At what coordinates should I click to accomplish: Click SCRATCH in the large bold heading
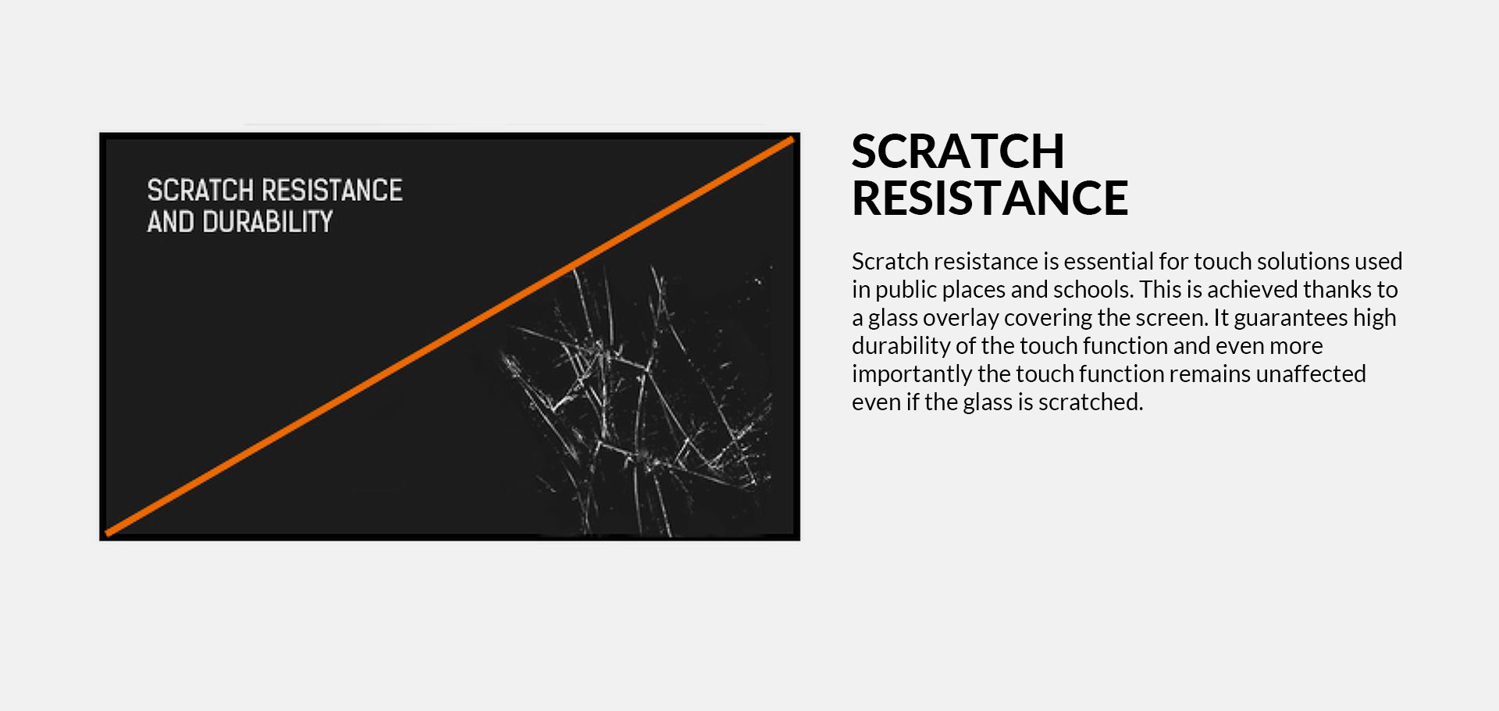(958, 152)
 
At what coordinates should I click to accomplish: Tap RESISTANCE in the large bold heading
(990, 198)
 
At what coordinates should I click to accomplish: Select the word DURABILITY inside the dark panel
(267, 222)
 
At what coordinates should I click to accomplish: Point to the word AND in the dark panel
(170, 222)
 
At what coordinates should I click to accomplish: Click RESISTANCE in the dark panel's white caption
(332, 190)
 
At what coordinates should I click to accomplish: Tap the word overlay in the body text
(960, 319)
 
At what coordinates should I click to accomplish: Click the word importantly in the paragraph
(911, 375)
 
